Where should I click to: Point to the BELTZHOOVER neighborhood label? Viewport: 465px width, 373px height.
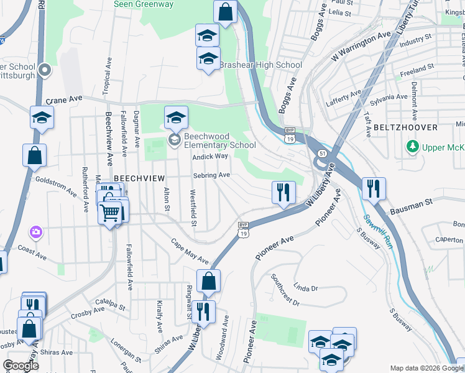(x=406, y=127)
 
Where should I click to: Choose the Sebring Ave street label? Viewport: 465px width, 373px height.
(x=211, y=175)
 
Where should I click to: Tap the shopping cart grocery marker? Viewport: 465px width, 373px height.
(x=110, y=213)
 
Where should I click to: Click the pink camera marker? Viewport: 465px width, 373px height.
(x=36, y=232)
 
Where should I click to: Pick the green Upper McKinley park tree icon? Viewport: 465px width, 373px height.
(x=411, y=147)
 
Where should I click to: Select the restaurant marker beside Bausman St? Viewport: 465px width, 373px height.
(x=374, y=188)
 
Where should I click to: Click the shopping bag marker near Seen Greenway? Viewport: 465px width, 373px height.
(x=225, y=11)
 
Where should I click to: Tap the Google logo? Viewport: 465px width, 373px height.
(x=21, y=366)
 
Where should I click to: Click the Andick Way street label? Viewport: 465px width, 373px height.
(x=210, y=157)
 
